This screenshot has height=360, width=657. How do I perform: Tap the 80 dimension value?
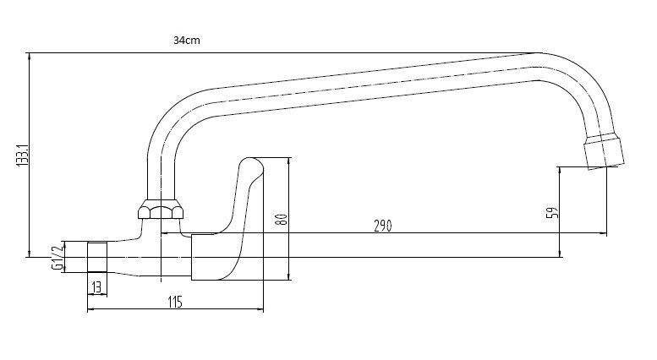coord(283,218)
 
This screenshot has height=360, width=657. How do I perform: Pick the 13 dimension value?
coord(96,286)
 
